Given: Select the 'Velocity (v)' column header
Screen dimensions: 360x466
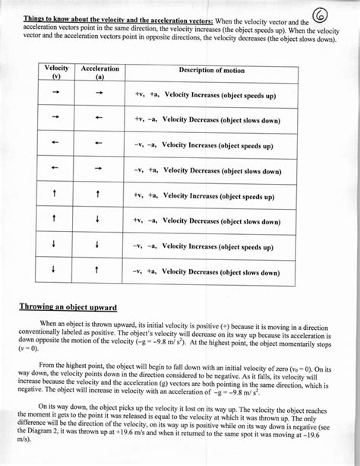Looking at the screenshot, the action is coord(57,72).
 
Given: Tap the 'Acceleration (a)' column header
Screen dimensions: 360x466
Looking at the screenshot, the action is coord(99,72).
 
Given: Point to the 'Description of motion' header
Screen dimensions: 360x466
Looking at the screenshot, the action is coord(211,70).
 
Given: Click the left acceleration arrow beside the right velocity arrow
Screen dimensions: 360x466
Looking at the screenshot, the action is coord(99,119).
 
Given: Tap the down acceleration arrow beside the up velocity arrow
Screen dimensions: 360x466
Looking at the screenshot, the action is coord(99,220).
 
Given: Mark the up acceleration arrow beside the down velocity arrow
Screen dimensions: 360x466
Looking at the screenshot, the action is coord(99,271).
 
